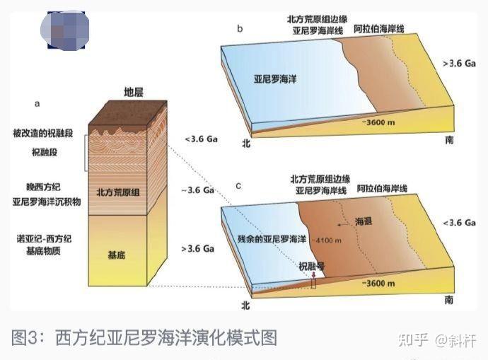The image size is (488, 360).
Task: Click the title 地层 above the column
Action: pyautogui.click(x=134, y=93)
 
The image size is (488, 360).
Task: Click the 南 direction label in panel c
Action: pyautogui.click(x=450, y=300)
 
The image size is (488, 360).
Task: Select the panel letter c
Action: pyautogui.click(x=238, y=185)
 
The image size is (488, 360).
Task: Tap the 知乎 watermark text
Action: pyautogui.click(x=414, y=339)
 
